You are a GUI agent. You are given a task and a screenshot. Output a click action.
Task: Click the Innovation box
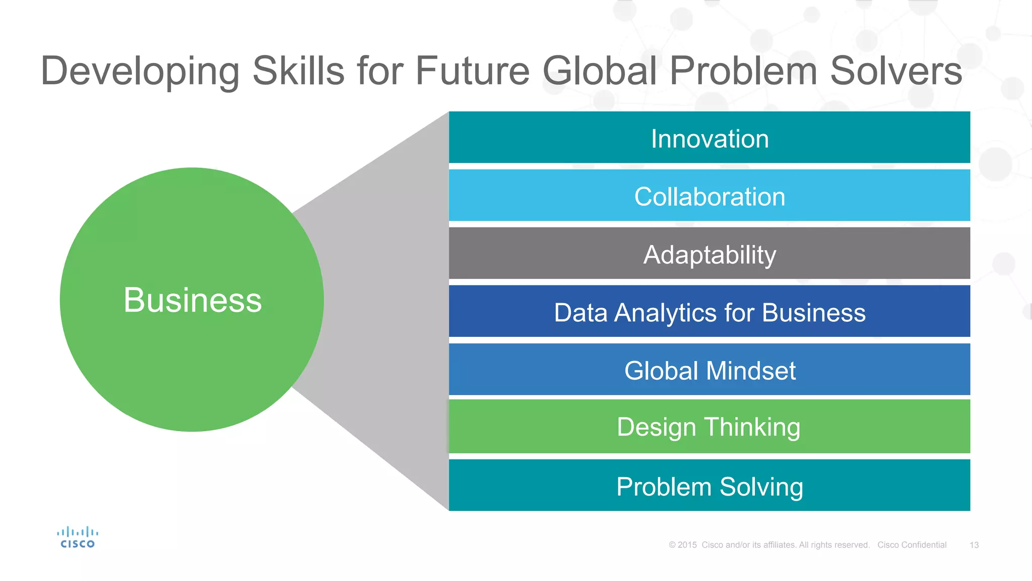coord(709,138)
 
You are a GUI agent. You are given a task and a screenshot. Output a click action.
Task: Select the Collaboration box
coord(709,196)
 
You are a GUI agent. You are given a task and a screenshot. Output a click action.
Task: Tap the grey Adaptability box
coord(709,254)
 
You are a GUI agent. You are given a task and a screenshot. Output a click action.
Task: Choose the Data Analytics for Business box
coord(709,312)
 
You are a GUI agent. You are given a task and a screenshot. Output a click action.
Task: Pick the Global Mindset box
coord(709,370)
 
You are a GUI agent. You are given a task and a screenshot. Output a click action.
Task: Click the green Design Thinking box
coord(709,427)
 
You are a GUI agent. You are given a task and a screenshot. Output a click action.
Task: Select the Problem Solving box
coord(709,486)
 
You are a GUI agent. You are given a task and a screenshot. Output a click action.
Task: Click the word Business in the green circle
coord(192,300)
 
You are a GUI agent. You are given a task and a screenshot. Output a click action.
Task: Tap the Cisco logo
coord(77,538)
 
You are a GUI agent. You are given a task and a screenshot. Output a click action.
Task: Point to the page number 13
coord(974,545)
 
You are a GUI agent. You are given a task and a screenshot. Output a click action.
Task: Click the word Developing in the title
coord(140,72)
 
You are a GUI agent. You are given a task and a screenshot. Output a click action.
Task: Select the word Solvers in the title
coord(895,71)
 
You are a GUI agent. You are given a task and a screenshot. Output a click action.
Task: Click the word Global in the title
coord(600,71)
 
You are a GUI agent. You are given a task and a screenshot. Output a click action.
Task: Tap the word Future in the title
coord(472,71)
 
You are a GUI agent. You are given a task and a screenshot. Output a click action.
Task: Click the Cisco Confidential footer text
coord(912,545)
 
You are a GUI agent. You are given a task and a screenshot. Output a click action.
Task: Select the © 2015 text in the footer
coord(683,545)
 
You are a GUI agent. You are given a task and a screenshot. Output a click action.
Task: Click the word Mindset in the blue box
coord(751,371)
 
